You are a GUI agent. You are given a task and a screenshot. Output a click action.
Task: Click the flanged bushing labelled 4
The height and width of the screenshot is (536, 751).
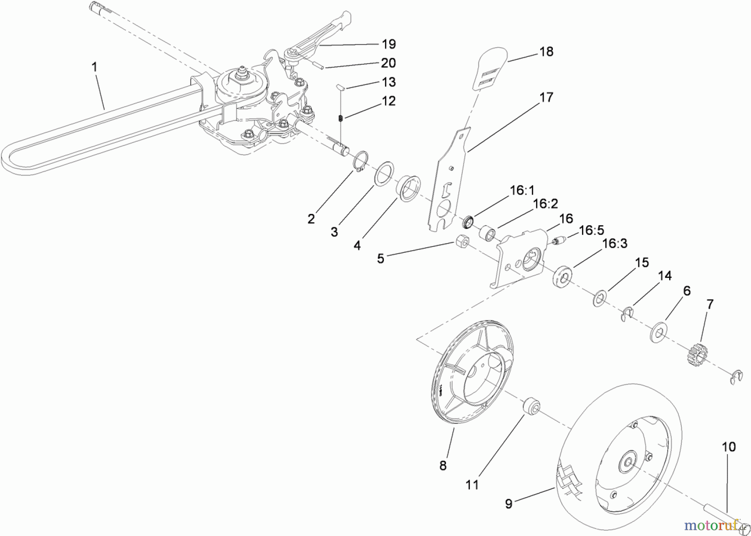408,189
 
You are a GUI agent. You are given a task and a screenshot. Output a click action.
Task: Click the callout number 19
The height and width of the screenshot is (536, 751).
388,44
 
